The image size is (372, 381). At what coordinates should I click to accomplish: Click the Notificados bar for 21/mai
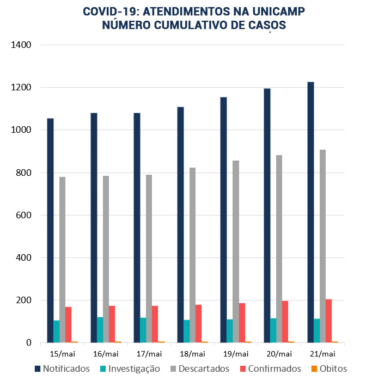tap(310, 212)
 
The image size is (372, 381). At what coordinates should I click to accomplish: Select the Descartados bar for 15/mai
tap(63, 260)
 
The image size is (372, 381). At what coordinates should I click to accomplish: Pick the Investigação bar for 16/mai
tap(100, 330)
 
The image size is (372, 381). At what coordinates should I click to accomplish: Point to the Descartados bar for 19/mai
tap(236, 251)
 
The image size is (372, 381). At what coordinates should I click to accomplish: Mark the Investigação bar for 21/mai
tap(316, 331)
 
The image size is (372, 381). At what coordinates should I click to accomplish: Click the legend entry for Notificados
tap(62, 369)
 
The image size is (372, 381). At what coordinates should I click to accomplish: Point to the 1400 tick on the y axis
tap(21, 45)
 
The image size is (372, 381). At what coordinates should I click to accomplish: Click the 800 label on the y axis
tap(23, 173)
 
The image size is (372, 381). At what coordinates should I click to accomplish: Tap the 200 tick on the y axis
tap(23, 300)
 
